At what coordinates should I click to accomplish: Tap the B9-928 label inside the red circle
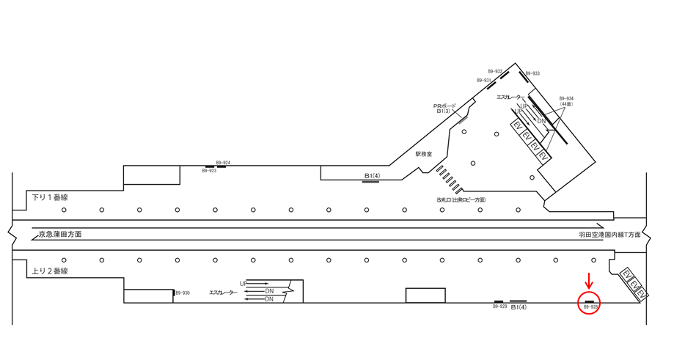click(590, 307)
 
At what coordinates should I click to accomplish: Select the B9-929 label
click(499, 307)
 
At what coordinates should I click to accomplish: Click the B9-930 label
click(183, 293)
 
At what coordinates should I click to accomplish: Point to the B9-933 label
click(532, 74)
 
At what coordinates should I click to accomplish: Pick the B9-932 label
click(495, 72)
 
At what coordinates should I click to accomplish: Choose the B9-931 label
click(484, 81)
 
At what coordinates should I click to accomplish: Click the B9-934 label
click(566, 99)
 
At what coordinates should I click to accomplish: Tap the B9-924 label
click(224, 163)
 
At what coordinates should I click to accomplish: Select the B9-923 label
click(209, 171)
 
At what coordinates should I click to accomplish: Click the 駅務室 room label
click(424, 154)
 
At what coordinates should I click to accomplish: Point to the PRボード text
click(446, 106)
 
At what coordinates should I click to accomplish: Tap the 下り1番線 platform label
click(49, 197)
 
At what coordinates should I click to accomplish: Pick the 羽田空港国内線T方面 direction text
click(609, 235)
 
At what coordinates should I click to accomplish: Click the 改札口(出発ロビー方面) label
click(461, 199)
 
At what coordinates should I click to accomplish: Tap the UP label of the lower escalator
click(243, 284)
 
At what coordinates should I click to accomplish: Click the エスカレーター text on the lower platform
click(223, 293)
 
